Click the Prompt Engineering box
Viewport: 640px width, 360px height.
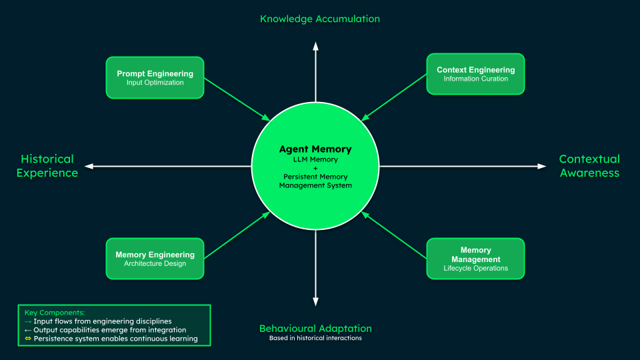(x=155, y=77)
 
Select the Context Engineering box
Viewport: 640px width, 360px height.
(x=475, y=74)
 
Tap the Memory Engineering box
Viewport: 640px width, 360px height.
(x=155, y=259)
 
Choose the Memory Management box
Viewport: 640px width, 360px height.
(x=475, y=259)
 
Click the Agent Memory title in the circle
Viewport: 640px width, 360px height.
(x=315, y=149)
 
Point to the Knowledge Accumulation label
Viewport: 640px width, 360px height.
(x=320, y=19)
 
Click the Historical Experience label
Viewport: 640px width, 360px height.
(x=47, y=166)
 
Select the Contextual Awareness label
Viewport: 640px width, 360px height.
(x=589, y=166)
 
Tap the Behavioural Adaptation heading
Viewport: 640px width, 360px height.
(x=315, y=329)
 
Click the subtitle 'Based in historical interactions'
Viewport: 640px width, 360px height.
(x=315, y=338)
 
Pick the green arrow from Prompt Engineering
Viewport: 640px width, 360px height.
(x=237, y=99)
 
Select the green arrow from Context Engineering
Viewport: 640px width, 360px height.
(x=395, y=97)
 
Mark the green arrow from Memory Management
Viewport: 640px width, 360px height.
(x=395, y=236)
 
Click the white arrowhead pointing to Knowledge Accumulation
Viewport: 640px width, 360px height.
(x=316, y=45)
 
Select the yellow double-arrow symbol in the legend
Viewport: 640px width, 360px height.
(x=28, y=339)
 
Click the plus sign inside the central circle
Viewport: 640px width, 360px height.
(x=315, y=168)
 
